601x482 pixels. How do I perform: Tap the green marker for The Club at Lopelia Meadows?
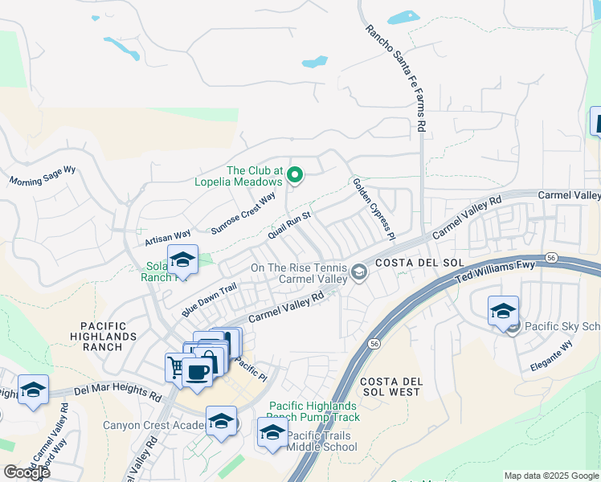click(295, 174)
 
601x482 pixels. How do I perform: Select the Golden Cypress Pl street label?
click(374, 209)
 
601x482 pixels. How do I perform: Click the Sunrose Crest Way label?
click(243, 213)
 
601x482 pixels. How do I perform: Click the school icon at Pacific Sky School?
click(503, 311)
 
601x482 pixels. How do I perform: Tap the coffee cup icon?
click(197, 371)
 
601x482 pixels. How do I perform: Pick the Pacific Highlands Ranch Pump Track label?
click(315, 411)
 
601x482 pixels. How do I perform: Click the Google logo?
click(27, 472)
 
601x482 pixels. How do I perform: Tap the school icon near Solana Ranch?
click(182, 259)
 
